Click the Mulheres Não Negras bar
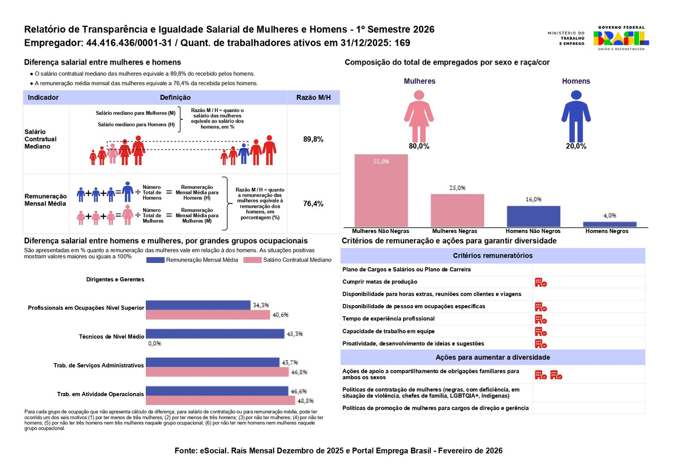pos(381,190)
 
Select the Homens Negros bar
pos(609,224)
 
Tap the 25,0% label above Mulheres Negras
pos(457,188)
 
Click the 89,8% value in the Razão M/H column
pos(313,139)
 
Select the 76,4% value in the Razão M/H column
pos(313,204)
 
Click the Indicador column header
pos(43,97)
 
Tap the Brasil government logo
pos(621,38)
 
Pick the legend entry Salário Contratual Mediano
pos(297,260)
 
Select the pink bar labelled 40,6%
pos(207,315)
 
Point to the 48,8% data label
pos(298,401)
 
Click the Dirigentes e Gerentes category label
pos(115,280)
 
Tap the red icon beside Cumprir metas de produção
pos(540,282)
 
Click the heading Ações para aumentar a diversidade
pos(493,357)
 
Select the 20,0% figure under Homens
pos(576,147)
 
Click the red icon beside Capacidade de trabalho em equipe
pos(540,331)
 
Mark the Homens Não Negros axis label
pos(533,231)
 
